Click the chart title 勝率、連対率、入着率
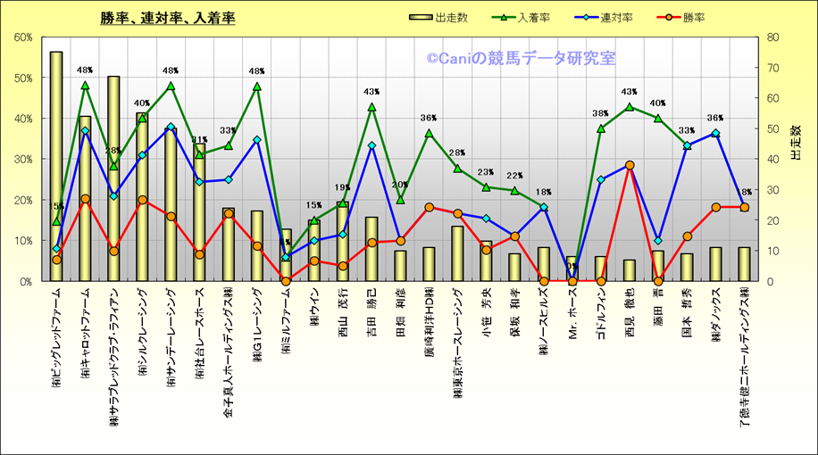(168, 18)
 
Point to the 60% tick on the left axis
(23, 37)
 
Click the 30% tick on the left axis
(23, 159)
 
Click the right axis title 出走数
(797, 143)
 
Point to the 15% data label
(315, 205)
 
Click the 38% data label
(601, 114)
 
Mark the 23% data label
(486, 173)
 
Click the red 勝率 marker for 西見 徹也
(630, 165)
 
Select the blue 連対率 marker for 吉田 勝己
(371, 145)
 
